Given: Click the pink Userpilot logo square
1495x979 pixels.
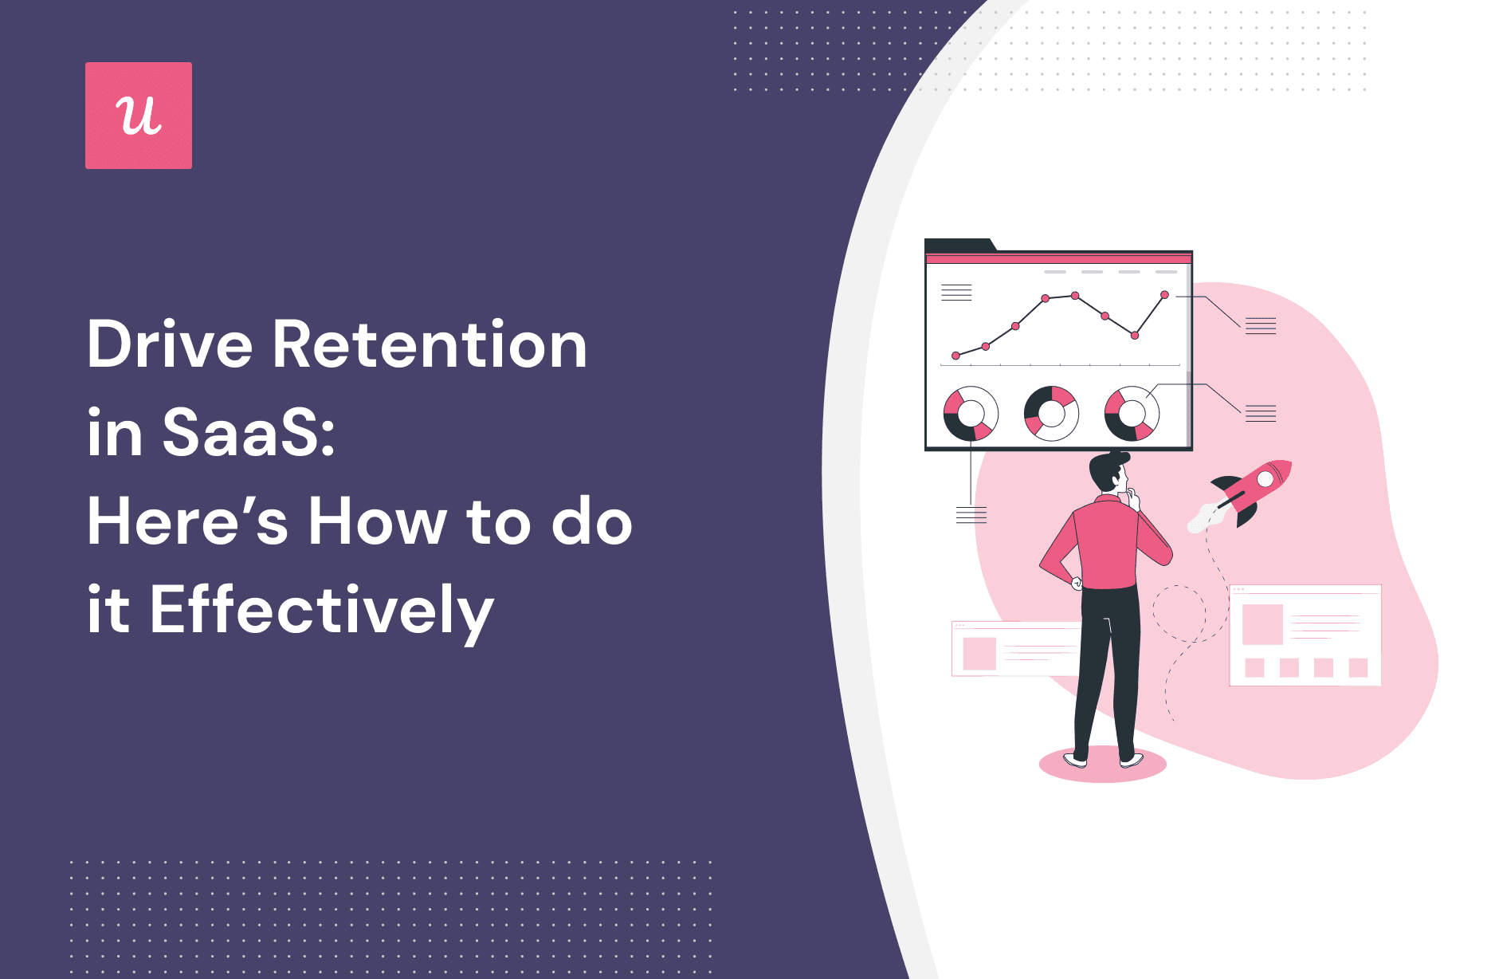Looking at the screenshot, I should point(139,116).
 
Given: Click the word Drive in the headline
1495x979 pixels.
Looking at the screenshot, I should point(169,345).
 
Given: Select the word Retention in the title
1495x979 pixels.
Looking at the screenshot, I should point(430,345).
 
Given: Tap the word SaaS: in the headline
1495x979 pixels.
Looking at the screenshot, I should point(249,433).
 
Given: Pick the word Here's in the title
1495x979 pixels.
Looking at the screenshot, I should point(187,522).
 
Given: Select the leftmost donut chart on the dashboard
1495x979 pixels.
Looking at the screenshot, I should point(971,414).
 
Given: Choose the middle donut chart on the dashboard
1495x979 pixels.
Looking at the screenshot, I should point(1051,414).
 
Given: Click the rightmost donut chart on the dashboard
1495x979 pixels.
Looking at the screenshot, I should point(1132,414).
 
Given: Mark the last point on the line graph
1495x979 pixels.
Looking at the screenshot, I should point(1165,295).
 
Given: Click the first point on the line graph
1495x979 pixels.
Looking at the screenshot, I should point(955,356).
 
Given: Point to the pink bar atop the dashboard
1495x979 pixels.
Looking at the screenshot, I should point(1058,258).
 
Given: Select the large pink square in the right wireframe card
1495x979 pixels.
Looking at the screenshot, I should point(1262,624).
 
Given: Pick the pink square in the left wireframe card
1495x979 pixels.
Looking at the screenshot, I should point(979,654).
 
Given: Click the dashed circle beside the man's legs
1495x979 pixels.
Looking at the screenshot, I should point(1179,614).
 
